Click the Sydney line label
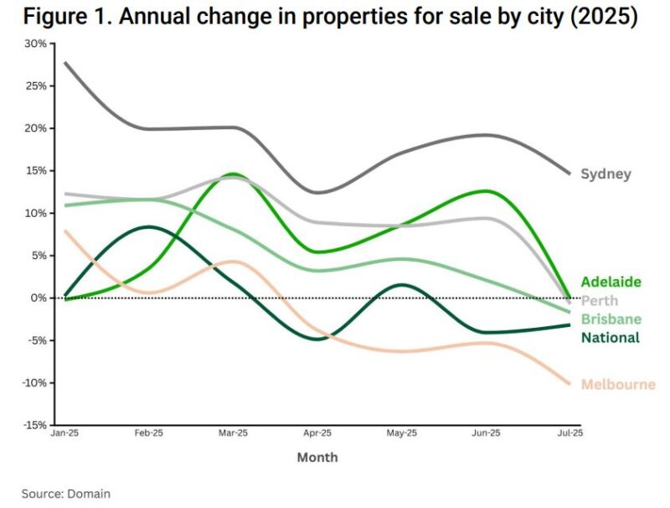pos(606,174)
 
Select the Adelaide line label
pos(611,282)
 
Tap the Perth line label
pos(600,300)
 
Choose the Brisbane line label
pos(611,319)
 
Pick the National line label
pos(610,338)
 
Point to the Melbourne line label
pos(618,385)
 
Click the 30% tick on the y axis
pos(37,43)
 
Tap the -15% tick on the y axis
pos(35,425)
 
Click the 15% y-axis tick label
pos(37,170)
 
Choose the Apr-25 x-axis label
pos(317,433)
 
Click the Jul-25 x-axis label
pos(570,433)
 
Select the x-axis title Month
pos(317,458)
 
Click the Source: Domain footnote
pos(66,494)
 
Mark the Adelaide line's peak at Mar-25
pos(232,174)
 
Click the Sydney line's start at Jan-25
pos(64,62)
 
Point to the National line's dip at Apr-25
pos(315,339)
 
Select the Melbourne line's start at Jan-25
pos(64,231)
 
